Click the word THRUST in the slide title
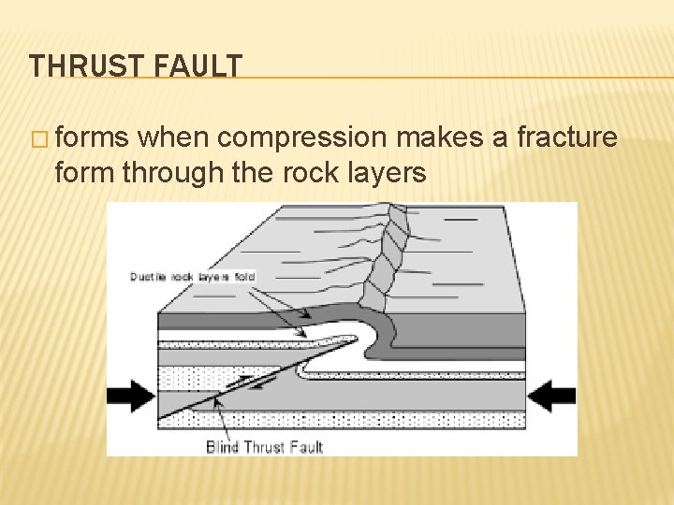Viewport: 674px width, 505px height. click(x=82, y=67)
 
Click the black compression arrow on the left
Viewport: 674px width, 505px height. click(x=130, y=397)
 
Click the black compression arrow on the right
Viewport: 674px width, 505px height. click(x=551, y=397)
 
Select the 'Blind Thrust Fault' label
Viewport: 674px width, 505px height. click(x=264, y=447)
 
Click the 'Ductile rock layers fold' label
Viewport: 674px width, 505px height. click(x=192, y=277)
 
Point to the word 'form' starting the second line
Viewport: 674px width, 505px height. click(x=85, y=173)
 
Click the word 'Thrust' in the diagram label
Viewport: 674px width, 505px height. click(x=266, y=447)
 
